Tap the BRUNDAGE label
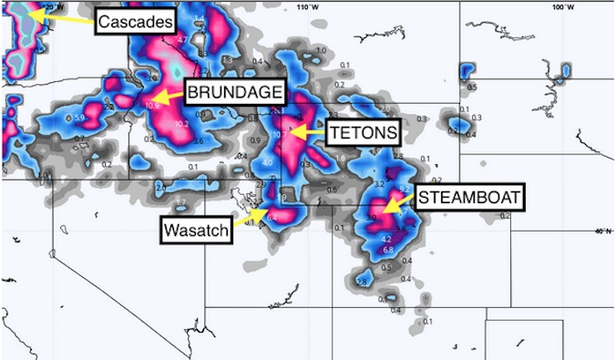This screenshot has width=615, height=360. tap(235, 92)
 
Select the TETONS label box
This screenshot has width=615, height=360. tap(363, 132)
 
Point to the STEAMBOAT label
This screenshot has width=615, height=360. tap(470, 197)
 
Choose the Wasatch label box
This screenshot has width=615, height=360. tap(196, 230)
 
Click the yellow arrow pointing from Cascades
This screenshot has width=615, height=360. tap(64, 17)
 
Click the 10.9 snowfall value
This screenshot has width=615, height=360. tap(153, 106)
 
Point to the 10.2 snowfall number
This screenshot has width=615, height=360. tap(181, 124)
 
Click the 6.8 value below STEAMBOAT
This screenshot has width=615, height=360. tap(387, 250)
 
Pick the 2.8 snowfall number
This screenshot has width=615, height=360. tap(361, 282)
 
